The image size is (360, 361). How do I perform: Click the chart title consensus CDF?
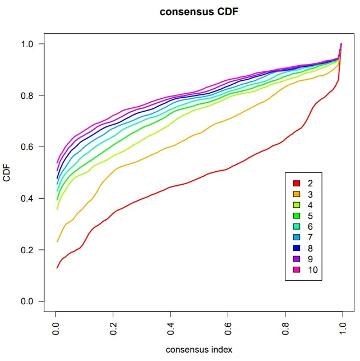click(199, 12)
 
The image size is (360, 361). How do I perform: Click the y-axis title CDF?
click(7, 173)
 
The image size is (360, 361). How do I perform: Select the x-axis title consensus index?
click(199, 349)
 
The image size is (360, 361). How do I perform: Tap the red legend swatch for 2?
click(297, 183)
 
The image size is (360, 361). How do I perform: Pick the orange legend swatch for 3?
click(297, 194)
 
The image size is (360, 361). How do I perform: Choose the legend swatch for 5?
click(297, 216)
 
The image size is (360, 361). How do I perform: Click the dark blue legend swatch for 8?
click(297, 248)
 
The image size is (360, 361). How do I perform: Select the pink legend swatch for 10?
click(297, 269)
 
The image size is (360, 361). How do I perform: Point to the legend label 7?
click(310, 237)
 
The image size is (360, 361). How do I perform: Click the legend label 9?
click(310, 259)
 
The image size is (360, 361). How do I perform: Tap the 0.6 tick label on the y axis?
click(27, 147)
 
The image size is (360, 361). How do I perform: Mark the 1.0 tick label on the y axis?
click(27, 44)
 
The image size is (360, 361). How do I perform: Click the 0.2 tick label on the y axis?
click(27, 250)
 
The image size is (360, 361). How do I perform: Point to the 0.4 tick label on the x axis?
click(170, 328)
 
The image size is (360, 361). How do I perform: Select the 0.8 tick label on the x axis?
click(285, 328)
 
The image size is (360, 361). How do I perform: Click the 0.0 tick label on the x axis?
click(56, 328)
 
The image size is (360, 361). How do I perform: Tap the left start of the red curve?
click(57, 268)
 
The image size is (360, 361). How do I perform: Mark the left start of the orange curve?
click(57, 242)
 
